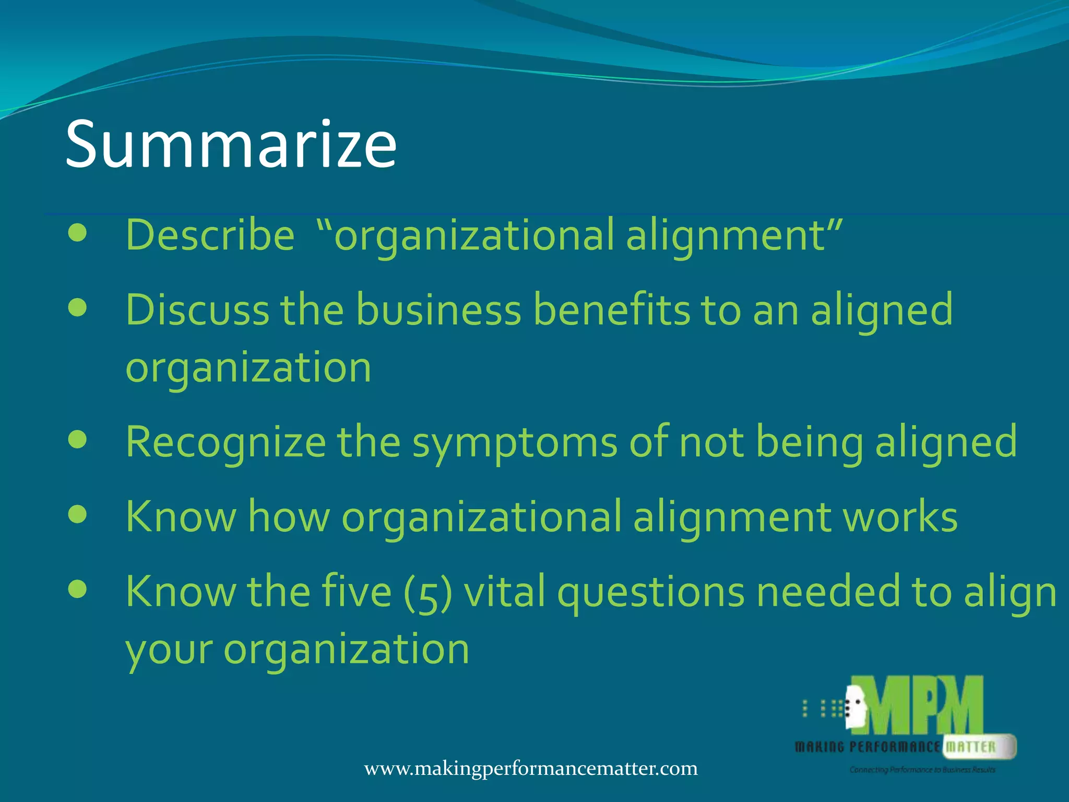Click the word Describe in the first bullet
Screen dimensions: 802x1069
[x=210, y=235]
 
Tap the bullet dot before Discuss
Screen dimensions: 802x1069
[x=77, y=308]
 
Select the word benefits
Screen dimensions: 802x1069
[x=611, y=310]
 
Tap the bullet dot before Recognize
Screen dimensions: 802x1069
[x=77, y=440]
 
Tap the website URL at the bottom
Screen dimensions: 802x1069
[x=531, y=769]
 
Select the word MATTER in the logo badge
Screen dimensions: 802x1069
[x=971, y=747]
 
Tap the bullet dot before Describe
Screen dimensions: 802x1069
[x=77, y=233]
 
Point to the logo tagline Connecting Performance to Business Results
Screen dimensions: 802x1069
[x=922, y=770]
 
